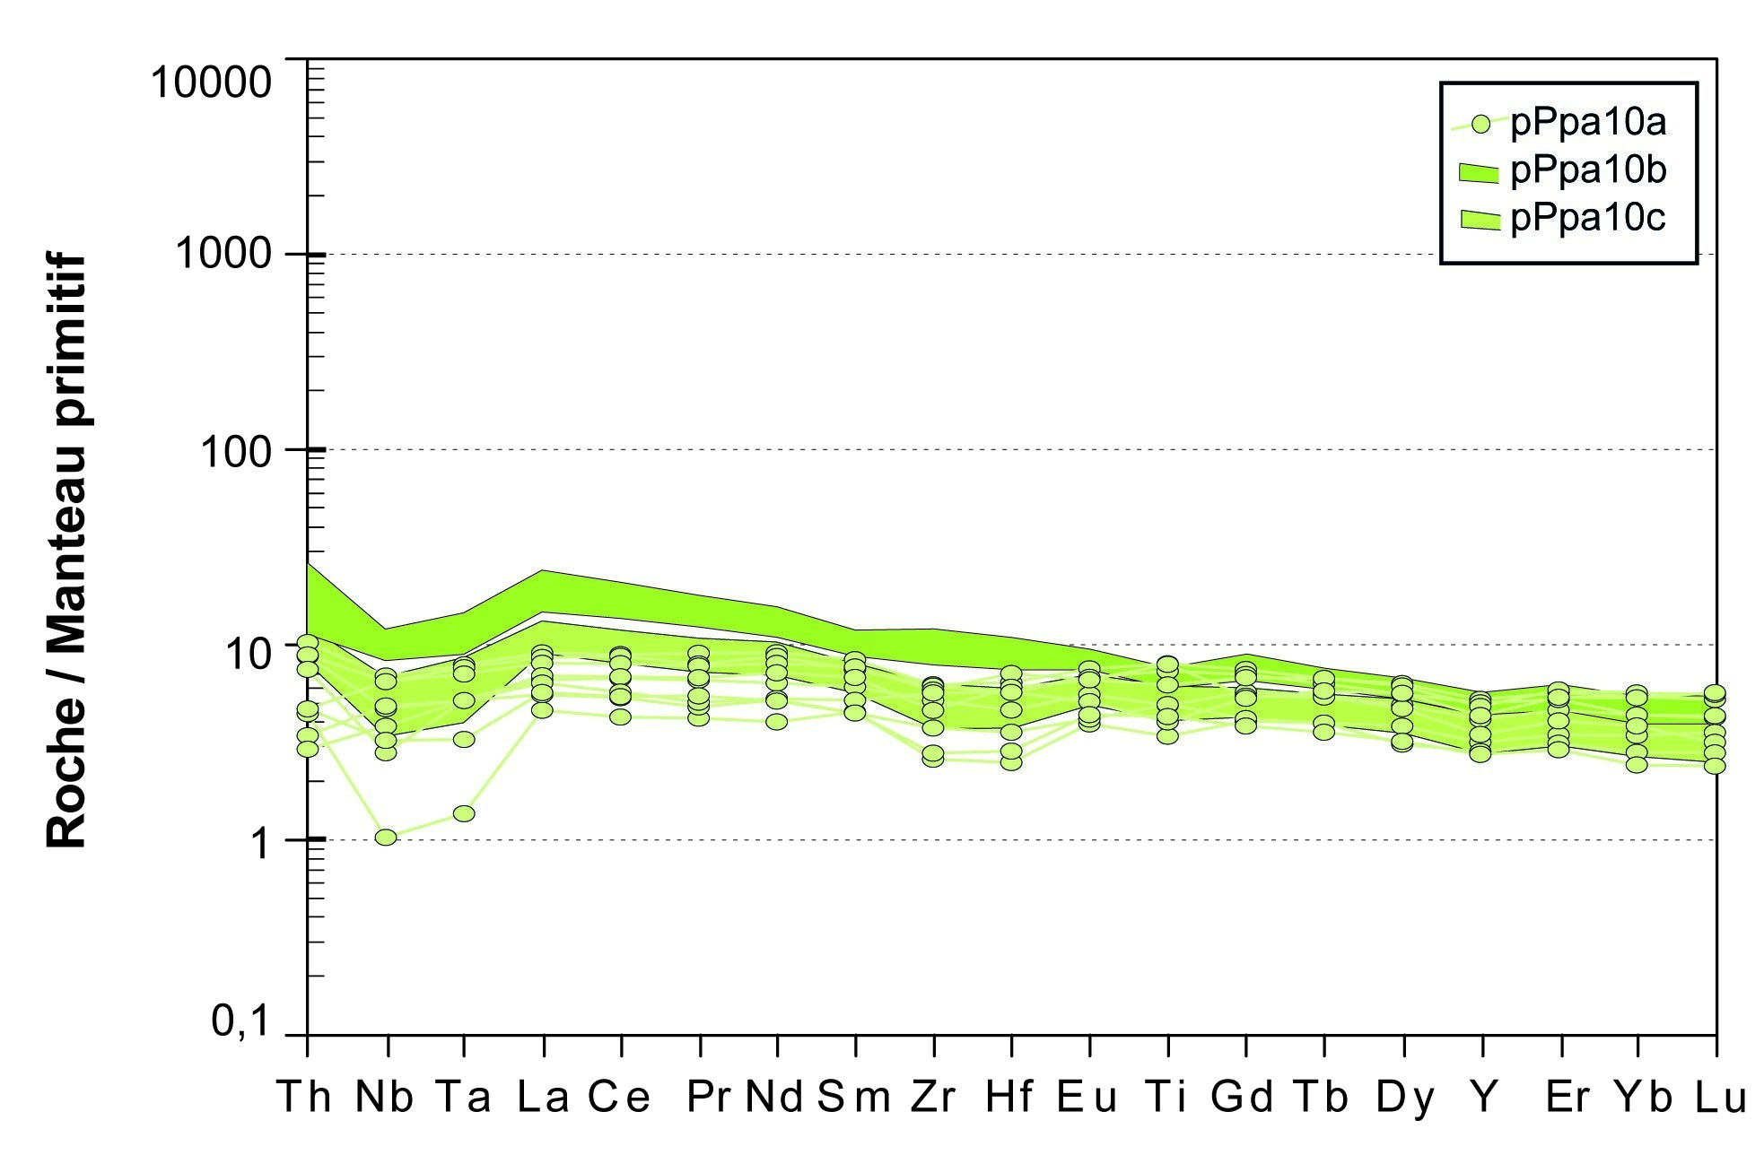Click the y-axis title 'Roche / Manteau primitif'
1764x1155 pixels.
(66, 551)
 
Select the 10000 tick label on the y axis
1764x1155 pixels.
(211, 82)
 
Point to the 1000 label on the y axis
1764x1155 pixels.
(223, 254)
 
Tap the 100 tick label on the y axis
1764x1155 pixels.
(235, 451)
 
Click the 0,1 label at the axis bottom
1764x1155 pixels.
(240, 1020)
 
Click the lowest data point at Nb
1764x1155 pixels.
(386, 837)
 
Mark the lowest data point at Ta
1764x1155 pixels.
(464, 813)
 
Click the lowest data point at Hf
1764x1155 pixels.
(1011, 762)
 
